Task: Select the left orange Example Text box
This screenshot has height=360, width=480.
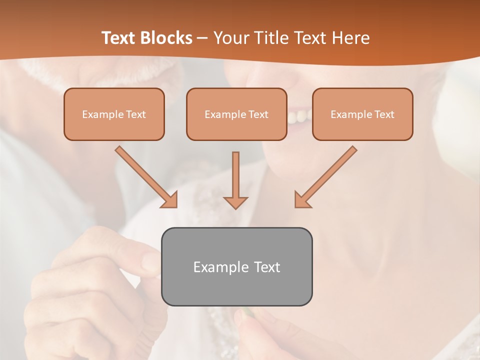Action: coord(114,114)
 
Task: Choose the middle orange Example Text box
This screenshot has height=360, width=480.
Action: coord(236,114)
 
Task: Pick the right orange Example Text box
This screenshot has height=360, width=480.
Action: coord(362,114)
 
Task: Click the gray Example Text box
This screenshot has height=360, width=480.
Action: coord(236,266)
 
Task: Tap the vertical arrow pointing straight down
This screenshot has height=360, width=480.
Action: coord(235,180)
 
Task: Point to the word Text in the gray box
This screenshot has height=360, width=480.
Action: coord(267,267)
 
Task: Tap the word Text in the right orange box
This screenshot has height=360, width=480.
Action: coord(384,114)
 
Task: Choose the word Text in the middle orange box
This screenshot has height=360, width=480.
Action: coord(258,114)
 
